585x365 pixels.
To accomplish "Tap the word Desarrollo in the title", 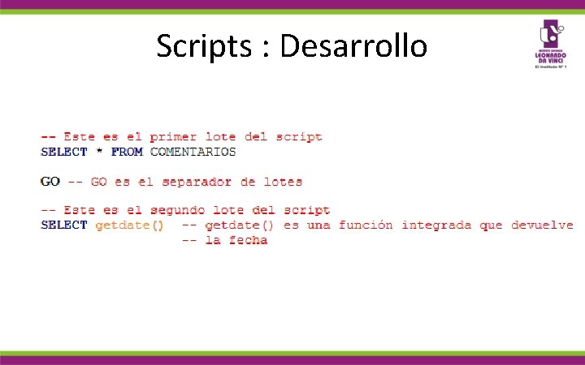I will point(353,45).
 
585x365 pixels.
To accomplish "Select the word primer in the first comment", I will point(172,137).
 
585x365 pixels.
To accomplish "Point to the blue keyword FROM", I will point(127,152).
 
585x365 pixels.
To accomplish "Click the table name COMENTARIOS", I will point(193,152).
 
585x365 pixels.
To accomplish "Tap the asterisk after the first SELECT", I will point(99,152).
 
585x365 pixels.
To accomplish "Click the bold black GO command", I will point(50,182).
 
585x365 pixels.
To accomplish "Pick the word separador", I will point(197,182).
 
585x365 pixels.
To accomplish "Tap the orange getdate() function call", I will point(129,225).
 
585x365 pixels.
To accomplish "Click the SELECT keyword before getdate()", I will point(63,225).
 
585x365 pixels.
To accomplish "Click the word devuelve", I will point(542,225).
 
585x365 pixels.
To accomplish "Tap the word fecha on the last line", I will point(248,240).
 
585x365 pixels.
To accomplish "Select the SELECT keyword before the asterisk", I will point(63,152).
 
